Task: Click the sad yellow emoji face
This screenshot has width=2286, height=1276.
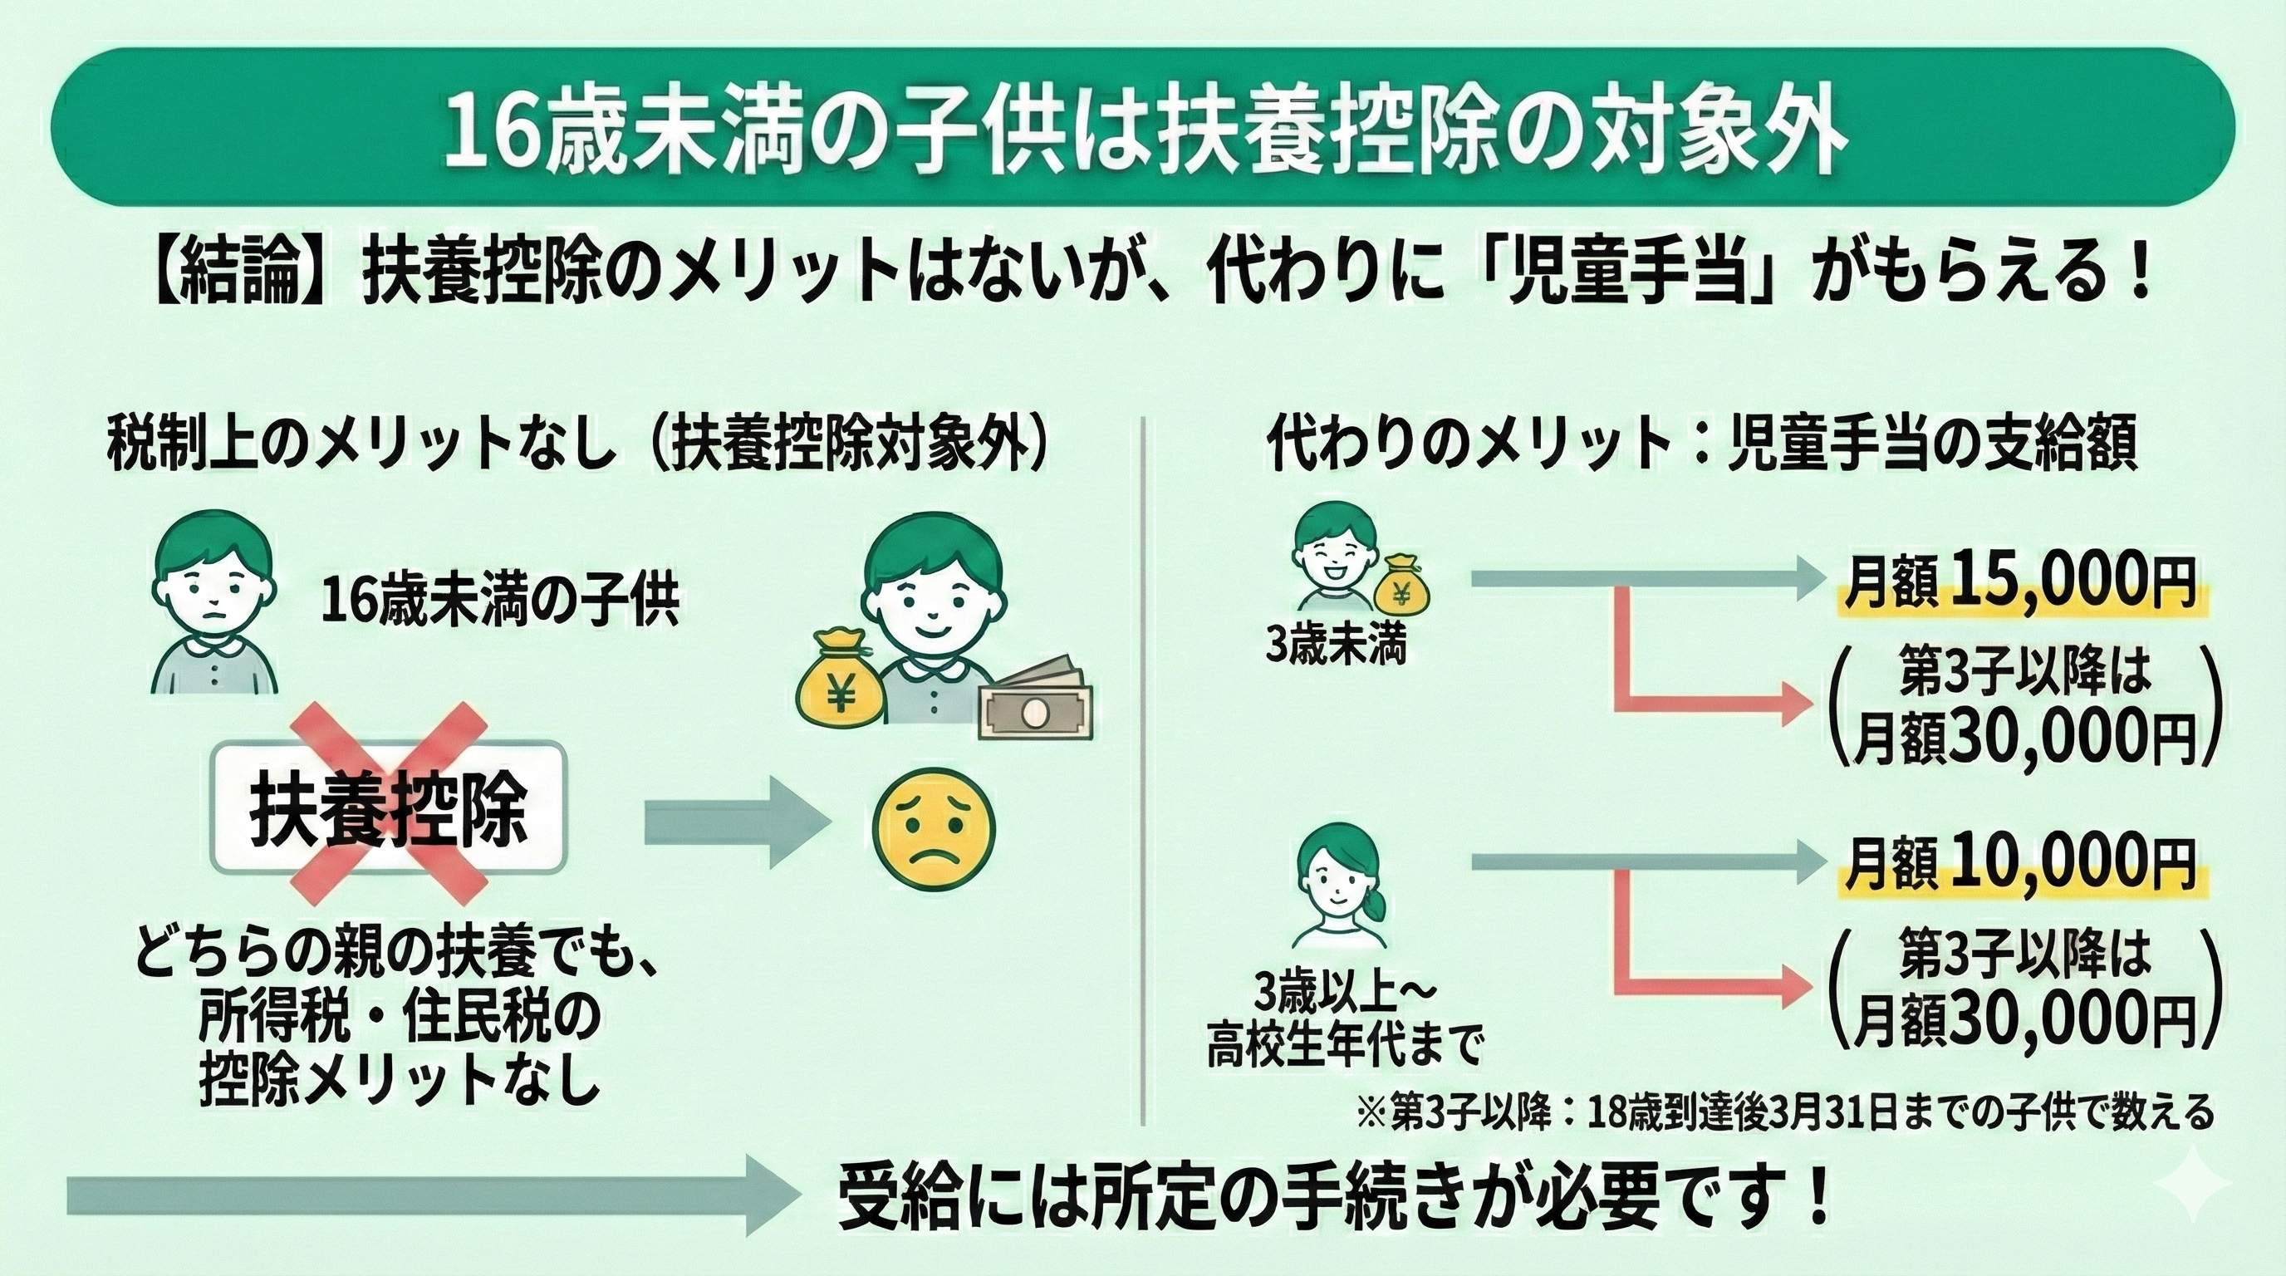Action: [x=934, y=830]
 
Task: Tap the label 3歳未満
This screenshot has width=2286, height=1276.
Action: [x=1336, y=648]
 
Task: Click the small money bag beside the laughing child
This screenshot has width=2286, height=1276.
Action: [x=1402, y=586]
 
